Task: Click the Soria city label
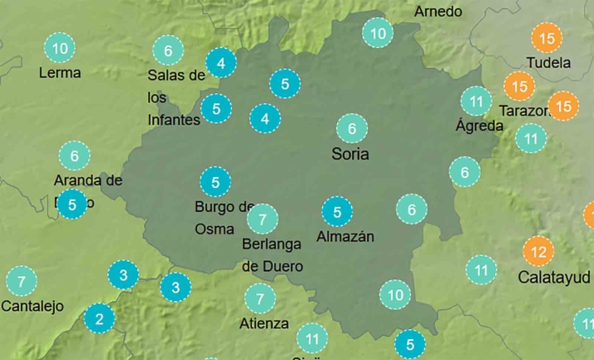click(350, 154)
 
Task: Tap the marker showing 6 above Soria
click(352, 128)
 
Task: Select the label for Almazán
click(345, 237)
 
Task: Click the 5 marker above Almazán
click(337, 212)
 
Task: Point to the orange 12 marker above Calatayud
click(538, 250)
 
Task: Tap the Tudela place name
click(549, 63)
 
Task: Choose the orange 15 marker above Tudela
click(547, 38)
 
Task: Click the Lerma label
click(60, 72)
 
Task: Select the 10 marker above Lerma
click(60, 47)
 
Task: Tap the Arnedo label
click(438, 11)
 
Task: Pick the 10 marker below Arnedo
click(378, 33)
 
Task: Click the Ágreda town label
click(480, 126)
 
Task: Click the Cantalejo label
click(32, 306)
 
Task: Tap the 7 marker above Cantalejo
click(22, 281)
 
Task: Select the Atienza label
click(264, 323)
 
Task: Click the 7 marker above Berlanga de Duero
click(262, 219)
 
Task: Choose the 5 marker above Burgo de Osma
click(215, 181)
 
